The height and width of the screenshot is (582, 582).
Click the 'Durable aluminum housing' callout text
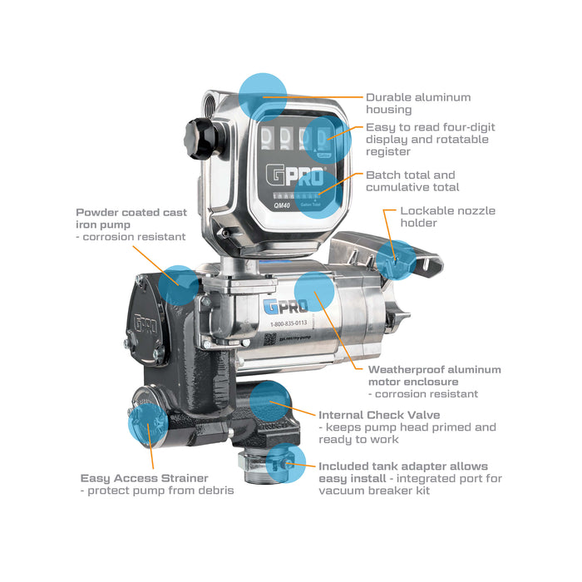tap(417, 103)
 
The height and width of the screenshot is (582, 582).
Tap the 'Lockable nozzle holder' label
tap(447, 217)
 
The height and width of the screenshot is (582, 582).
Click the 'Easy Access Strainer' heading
tap(144, 478)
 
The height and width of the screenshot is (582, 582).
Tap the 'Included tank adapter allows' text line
tap(403, 466)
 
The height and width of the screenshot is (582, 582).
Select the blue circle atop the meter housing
tap(263, 94)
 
